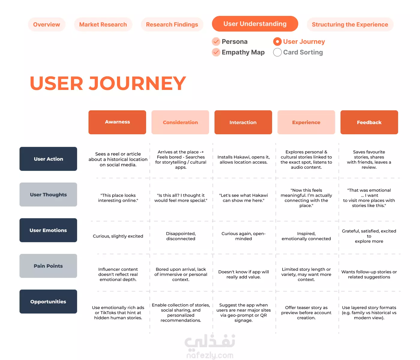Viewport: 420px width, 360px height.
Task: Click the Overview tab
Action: [x=46, y=24]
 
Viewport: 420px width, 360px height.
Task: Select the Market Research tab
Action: [x=103, y=24]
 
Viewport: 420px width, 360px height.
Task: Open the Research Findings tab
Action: [x=172, y=24]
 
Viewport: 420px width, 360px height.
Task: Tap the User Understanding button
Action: [x=255, y=24]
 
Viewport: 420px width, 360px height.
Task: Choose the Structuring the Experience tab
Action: [x=350, y=24]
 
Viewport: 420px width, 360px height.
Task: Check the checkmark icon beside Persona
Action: [x=216, y=42]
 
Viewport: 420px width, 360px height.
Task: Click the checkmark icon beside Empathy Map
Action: [x=216, y=52]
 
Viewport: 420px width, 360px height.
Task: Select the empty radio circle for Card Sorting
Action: [x=277, y=52]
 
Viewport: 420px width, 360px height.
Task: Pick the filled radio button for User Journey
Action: [x=277, y=42]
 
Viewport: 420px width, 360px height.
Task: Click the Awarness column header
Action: [x=117, y=122]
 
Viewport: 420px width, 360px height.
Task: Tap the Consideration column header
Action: [x=180, y=122]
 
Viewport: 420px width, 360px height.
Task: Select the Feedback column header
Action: [x=369, y=122]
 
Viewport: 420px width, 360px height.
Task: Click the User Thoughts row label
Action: [x=48, y=195]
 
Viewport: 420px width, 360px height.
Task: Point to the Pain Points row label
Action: [x=48, y=266]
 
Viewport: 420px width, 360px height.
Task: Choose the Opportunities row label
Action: [x=48, y=302]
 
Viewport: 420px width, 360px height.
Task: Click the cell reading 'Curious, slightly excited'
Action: [x=118, y=236]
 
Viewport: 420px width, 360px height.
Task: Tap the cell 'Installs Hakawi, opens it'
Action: [x=243, y=159]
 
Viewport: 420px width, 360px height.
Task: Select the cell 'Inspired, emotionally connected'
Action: [x=306, y=236]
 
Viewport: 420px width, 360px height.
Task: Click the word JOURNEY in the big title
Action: [x=137, y=83]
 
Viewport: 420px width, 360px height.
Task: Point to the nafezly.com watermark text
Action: [x=210, y=356]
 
